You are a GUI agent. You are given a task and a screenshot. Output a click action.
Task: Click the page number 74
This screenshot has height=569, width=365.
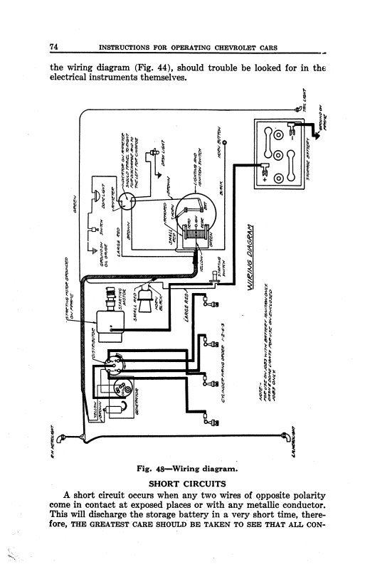tap(54, 47)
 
